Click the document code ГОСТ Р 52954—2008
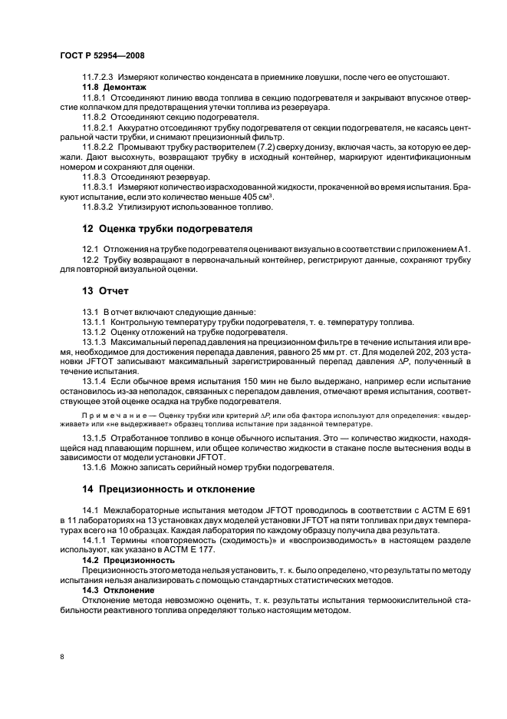[x=101, y=56]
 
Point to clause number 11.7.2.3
[x=97, y=78]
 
